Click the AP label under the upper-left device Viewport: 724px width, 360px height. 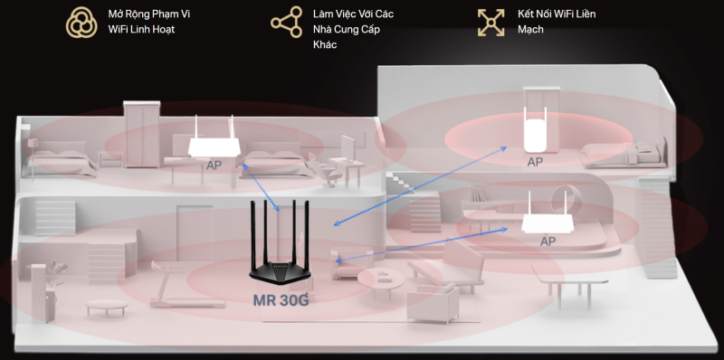coord(214,166)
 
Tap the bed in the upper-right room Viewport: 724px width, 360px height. coord(625,154)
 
